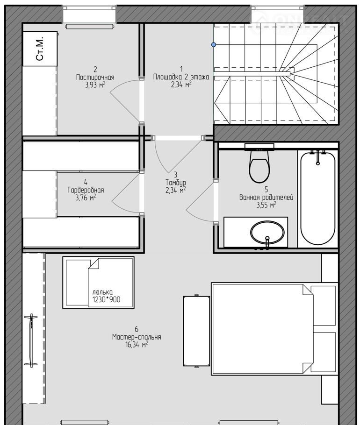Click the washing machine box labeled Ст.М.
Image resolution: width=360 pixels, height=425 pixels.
pyautogui.click(x=40, y=49)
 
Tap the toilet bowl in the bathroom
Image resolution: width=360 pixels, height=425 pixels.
pyautogui.click(x=259, y=166)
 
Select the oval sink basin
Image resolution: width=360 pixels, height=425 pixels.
pyautogui.click(x=267, y=232)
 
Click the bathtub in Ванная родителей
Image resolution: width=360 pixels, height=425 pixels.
pyautogui.click(x=317, y=198)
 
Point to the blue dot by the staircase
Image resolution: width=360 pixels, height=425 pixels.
pyautogui.click(x=214, y=44)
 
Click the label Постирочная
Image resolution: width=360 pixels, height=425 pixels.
pyautogui.click(x=95, y=78)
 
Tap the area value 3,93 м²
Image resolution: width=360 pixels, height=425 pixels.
pyautogui.click(x=95, y=85)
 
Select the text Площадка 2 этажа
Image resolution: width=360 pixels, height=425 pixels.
pyautogui.click(x=181, y=77)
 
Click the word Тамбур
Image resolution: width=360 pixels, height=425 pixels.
pyautogui.click(x=176, y=183)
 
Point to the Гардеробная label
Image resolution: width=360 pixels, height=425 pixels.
pyautogui.click(x=86, y=190)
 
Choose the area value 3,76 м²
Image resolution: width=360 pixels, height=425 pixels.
pyautogui.click(x=86, y=198)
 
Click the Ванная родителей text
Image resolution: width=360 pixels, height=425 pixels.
pyautogui.click(x=266, y=197)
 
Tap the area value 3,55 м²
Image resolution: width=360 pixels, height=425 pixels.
pyautogui.click(x=266, y=205)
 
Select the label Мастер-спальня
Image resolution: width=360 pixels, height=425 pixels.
pyautogui.click(x=137, y=337)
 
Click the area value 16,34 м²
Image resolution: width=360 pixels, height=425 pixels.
pyautogui.click(x=137, y=345)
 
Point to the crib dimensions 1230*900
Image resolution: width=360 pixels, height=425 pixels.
pyautogui.click(x=106, y=300)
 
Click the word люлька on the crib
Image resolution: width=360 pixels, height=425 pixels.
pyautogui.click(x=102, y=292)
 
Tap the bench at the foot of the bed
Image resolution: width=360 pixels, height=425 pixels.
pyautogui.click(x=197, y=332)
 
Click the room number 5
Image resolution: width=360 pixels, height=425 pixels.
pyautogui.click(x=266, y=190)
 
